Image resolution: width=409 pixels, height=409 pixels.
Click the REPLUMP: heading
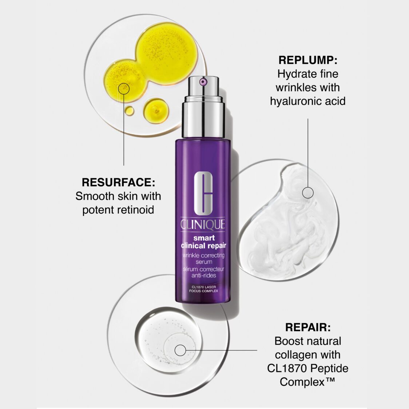pos(308,60)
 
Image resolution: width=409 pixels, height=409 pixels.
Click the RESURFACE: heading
pos(118,182)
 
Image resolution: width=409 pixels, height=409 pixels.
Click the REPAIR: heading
pos(308,327)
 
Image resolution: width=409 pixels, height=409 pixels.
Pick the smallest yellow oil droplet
pos(129,110)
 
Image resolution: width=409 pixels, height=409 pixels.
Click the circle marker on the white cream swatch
pos(308,192)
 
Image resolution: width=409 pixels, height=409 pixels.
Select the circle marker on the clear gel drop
pos(180,350)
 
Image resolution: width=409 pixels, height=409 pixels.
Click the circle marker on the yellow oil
pos(124,88)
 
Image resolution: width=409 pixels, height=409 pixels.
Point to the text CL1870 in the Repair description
pos(286,368)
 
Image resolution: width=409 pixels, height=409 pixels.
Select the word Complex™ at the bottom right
pos(307,382)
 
